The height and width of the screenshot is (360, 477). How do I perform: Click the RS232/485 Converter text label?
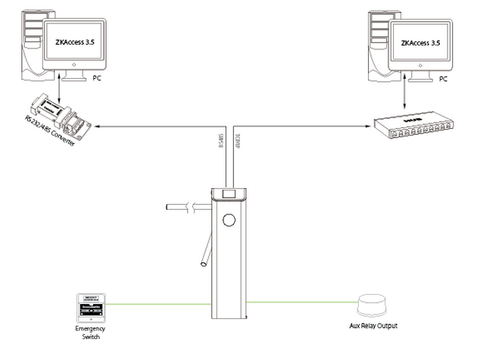tap(49, 136)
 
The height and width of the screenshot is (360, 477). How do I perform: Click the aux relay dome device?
tap(372, 305)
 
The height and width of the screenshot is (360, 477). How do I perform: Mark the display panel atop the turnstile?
tap(229, 194)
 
